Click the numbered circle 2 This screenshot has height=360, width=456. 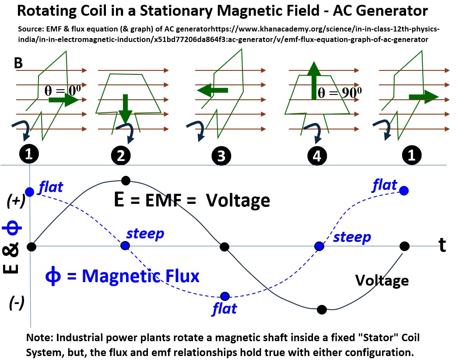point(121,156)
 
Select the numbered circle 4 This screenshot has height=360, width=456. point(317,155)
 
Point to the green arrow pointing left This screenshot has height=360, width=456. point(213,90)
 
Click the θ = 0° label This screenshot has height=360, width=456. point(63,90)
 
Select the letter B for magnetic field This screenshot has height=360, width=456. point(18,63)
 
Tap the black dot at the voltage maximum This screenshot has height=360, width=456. point(126,180)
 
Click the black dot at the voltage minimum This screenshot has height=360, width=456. point(322,310)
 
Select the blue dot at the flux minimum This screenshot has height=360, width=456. point(225,296)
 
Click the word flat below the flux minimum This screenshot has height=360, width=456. point(224,309)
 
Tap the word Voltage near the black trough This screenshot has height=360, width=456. point(382,280)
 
